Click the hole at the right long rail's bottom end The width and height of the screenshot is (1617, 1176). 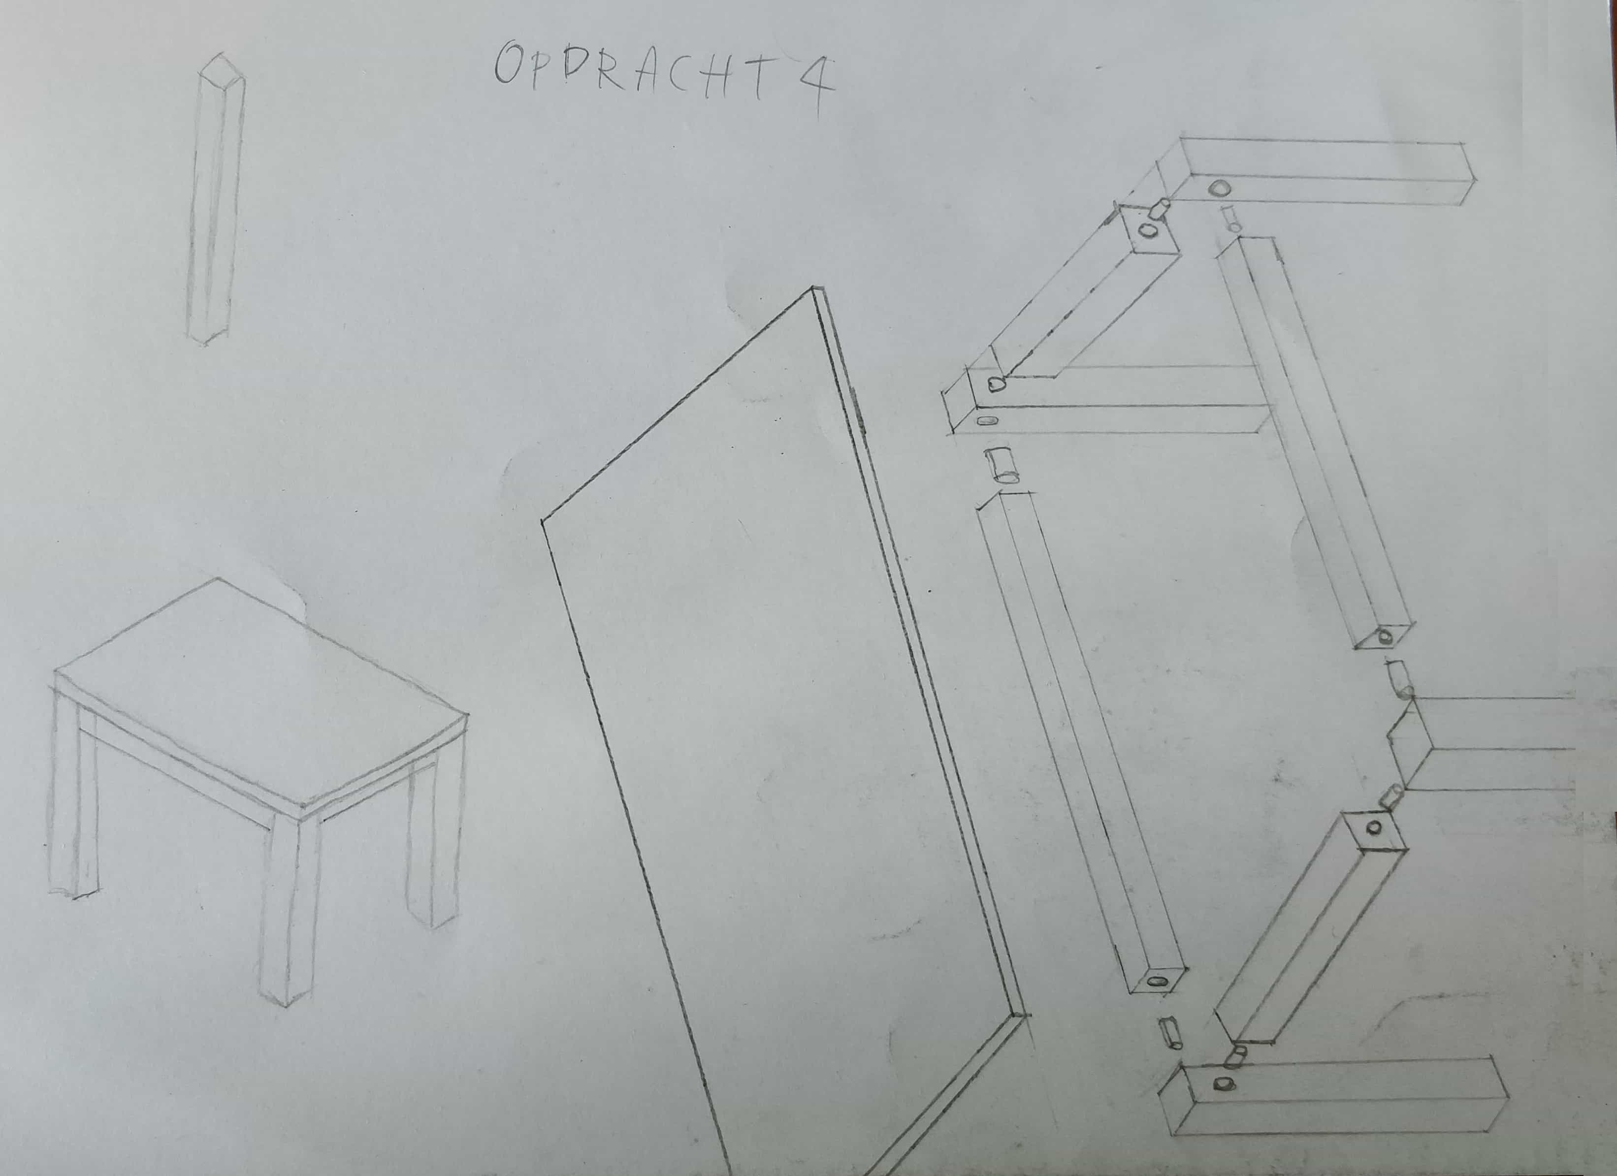[x=1385, y=636]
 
